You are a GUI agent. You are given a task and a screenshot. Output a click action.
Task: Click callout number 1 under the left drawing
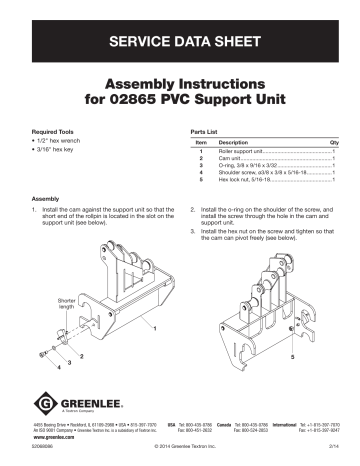(x=155, y=329)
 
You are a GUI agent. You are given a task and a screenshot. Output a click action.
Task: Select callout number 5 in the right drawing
(x=263, y=356)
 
